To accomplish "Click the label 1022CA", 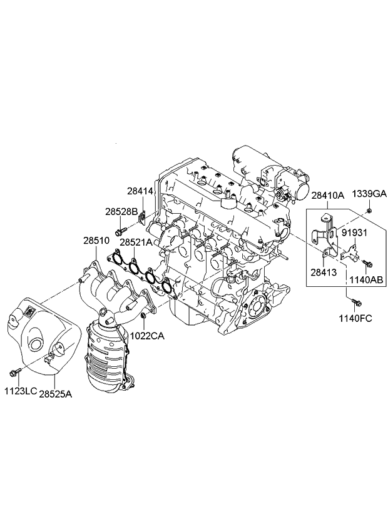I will pos(147,336).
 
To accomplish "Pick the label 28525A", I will pos(56,394).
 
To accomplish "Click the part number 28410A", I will pos(328,196).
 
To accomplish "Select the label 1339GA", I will pos(369,194).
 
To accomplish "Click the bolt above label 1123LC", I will pos(14,373).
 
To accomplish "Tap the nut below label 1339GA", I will pos(369,211).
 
